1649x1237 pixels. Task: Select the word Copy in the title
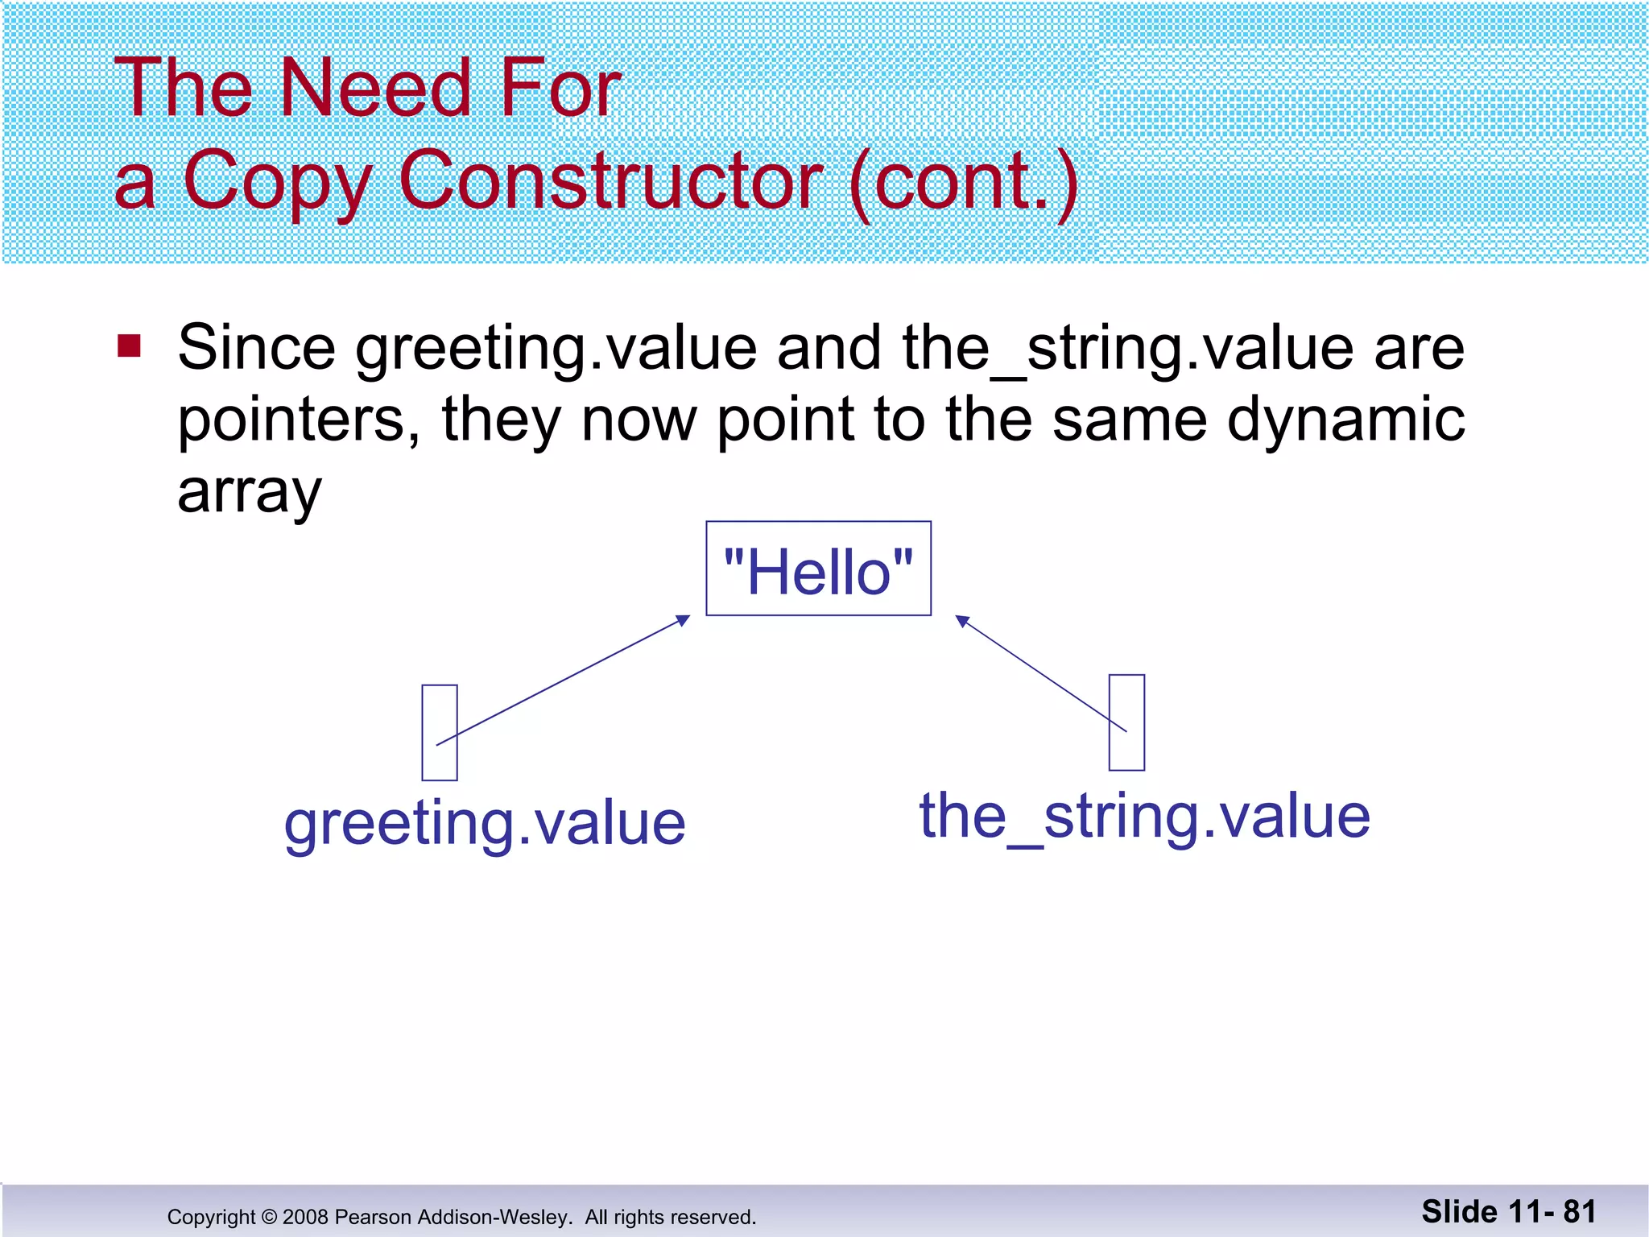[276, 182]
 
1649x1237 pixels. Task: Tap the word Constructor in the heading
[610, 180]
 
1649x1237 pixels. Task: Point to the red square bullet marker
[129, 346]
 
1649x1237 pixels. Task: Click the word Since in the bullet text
[256, 348]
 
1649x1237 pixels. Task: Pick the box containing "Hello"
[818, 569]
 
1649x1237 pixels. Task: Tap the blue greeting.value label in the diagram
[485, 824]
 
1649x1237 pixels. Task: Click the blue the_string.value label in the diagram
[1144, 817]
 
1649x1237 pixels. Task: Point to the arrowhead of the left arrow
[684, 619]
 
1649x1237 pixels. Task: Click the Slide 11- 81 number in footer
[1508, 1212]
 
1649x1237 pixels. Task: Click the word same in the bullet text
[1130, 420]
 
